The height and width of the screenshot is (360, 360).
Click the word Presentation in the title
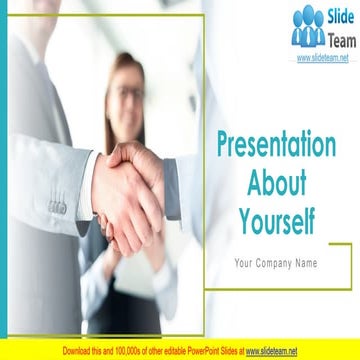coord(276,146)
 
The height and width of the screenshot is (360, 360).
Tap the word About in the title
coord(276,182)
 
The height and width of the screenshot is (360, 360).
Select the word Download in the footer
coord(79,350)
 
